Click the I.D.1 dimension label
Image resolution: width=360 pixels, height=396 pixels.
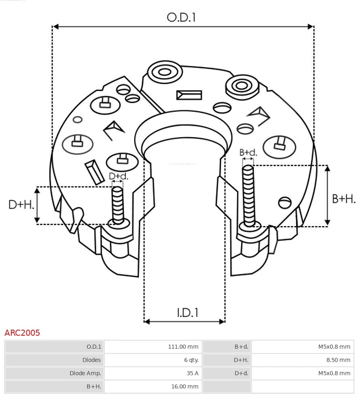coord(187,313)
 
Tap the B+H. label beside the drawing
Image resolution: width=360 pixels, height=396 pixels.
coord(344,199)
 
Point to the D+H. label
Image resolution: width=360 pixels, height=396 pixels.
coord(21,205)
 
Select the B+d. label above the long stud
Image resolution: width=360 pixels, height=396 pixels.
coord(248,152)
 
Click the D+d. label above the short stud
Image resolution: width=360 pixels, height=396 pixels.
coord(119,176)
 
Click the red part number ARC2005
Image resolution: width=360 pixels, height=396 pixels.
coord(22,333)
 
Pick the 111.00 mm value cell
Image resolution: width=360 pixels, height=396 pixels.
coord(183,347)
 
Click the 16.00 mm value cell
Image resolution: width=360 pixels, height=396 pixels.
coord(185,386)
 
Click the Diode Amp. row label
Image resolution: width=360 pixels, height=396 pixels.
coord(85,373)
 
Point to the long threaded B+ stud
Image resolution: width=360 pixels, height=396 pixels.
coord(248,194)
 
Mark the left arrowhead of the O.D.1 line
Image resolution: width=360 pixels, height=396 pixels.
coord(56,27)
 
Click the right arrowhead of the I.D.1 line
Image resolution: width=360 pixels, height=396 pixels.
coord(222,322)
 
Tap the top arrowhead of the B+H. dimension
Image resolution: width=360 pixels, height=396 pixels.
coord(328,168)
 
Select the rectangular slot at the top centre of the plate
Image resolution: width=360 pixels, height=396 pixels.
coord(189,95)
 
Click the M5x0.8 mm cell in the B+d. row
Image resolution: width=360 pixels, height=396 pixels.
coord(334,347)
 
